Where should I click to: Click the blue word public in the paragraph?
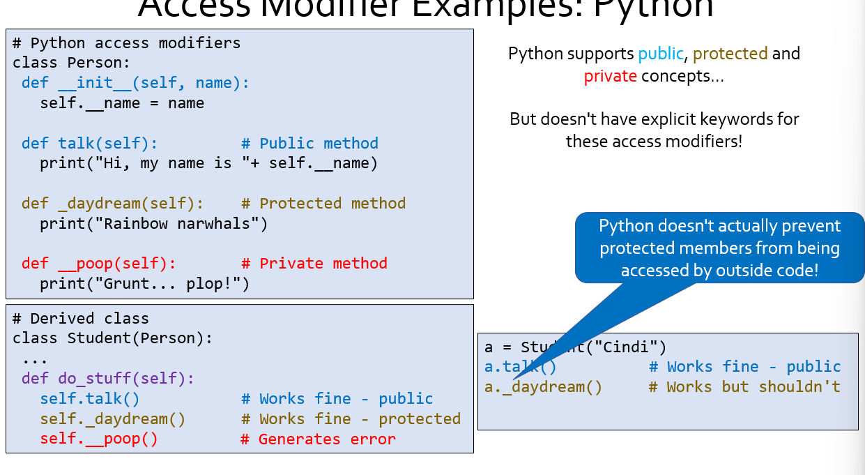(x=661, y=54)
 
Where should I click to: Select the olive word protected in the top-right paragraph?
(x=730, y=54)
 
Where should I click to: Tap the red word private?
(x=610, y=76)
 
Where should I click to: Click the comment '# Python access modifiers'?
(x=126, y=43)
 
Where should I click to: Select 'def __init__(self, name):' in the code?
(x=135, y=83)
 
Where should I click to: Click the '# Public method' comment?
(x=309, y=144)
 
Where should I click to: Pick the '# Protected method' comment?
(x=323, y=204)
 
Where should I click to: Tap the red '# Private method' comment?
(x=314, y=264)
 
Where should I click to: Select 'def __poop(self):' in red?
(x=98, y=264)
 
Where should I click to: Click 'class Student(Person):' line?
(x=112, y=339)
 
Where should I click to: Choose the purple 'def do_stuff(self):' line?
(x=107, y=379)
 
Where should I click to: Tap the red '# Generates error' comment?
(x=318, y=439)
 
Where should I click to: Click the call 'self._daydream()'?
(x=113, y=419)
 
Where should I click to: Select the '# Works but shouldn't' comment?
(x=744, y=387)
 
